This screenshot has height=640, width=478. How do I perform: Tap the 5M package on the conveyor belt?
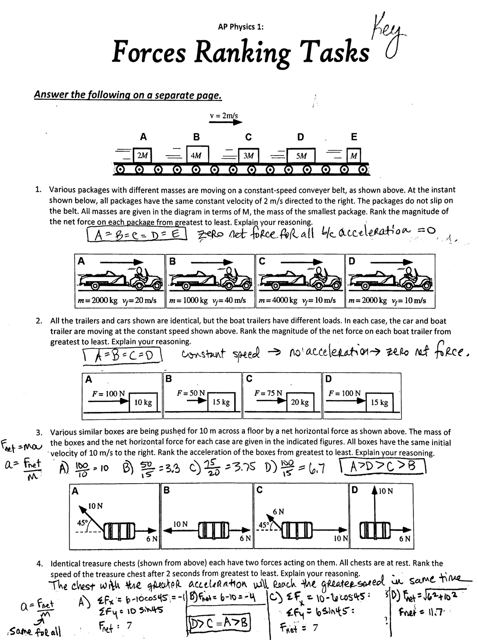tap(302, 156)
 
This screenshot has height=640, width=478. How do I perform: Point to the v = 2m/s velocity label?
tap(224, 116)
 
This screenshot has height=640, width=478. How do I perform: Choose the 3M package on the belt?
tap(249, 156)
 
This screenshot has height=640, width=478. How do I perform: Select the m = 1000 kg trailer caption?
tap(207, 300)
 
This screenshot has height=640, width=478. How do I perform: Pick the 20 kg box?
tap(300, 402)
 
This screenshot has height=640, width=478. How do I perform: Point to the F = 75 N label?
tap(268, 393)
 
